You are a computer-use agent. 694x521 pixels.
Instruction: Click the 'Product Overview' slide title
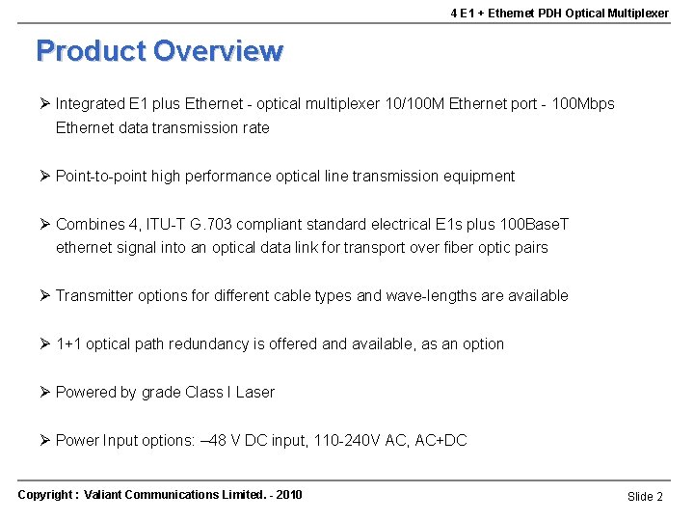(x=159, y=50)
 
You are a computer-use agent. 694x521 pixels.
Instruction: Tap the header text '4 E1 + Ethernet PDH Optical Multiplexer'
(x=559, y=14)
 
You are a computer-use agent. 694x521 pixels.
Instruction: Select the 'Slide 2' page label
(x=645, y=496)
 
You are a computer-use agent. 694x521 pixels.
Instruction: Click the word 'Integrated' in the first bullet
(x=91, y=103)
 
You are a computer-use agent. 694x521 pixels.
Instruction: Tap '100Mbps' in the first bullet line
(x=583, y=103)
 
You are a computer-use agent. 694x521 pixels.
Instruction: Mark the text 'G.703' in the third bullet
(x=207, y=224)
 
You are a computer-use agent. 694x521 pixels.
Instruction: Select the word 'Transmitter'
(x=94, y=295)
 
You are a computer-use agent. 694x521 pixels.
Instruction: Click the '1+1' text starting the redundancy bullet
(x=68, y=343)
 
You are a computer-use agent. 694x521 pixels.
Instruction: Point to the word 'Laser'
(x=254, y=392)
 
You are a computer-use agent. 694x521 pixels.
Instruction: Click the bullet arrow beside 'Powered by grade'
(x=44, y=392)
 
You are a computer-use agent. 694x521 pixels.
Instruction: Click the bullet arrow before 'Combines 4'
(x=44, y=224)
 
